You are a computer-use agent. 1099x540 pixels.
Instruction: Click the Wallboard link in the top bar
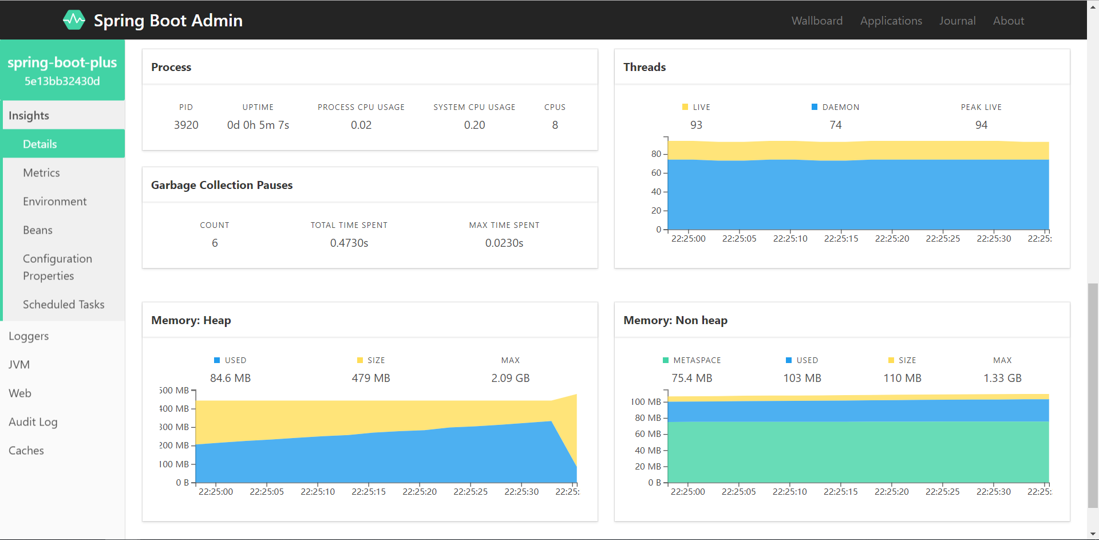click(817, 21)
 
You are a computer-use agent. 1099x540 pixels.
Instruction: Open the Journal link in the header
click(957, 21)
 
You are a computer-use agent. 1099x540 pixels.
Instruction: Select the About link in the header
click(1008, 21)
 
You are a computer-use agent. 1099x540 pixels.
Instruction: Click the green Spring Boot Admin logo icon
click(74, 20)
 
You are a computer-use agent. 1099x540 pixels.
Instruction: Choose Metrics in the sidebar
click(41, 172)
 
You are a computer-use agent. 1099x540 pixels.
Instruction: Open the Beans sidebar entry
click(38, 230)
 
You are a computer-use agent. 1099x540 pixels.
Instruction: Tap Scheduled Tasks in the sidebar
click(64, 304)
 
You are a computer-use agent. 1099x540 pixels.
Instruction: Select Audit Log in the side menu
click(33, 421)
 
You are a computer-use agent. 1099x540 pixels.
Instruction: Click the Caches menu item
click(26, 450)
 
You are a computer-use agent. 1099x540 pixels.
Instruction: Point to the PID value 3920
click(186, 125)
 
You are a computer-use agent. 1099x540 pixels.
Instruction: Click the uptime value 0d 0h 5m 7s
click(258, 125)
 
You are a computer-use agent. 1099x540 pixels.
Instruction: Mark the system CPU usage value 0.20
click(475, 125)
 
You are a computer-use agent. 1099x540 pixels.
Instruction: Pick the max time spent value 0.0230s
click(504, 243)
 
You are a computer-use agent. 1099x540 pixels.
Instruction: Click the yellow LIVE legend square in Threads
click(685, 107)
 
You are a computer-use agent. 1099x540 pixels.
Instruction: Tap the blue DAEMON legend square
click(815, 107)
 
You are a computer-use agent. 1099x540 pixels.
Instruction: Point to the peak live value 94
click(981, 125)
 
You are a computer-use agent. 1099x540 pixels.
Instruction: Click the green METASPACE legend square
click(666, 360)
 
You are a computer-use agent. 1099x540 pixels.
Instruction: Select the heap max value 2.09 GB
click(511, 378)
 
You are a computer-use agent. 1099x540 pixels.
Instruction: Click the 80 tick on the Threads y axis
click(656, 153)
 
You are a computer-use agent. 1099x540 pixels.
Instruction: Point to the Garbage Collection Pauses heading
click(222, 185)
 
